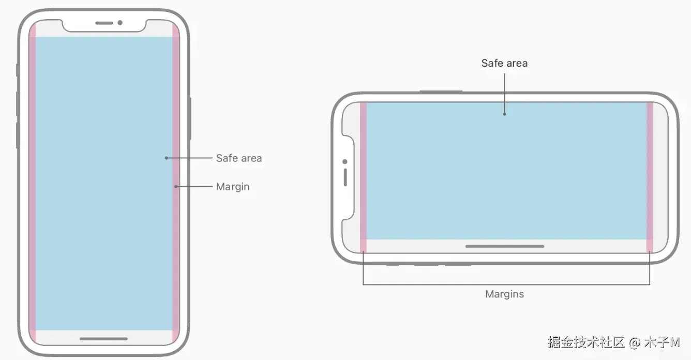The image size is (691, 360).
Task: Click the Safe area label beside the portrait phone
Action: click(x=239, y=158)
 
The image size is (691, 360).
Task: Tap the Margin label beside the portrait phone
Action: click(x=233, y=187)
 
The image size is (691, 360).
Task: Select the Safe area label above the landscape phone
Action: click(x=504, y=63)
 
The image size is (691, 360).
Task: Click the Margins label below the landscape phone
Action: click(x=504, y=294)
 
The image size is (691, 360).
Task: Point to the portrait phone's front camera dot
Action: click(x=120, y=23)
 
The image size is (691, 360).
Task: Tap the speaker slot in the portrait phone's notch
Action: click(x=104, y=23)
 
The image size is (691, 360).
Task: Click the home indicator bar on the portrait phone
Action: click(x=103, y=339)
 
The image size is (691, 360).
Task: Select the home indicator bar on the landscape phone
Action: click(x=505, y=246)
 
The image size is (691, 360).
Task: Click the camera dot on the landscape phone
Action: click(x=345, y=162)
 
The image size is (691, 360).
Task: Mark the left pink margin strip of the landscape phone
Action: click(x=363, y=171)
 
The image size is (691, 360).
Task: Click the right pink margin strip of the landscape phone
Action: click(x=650, y=171)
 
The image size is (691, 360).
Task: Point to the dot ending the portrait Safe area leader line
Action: click(x=166, y=158)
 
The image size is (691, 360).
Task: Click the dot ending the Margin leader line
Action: click(x=176, y=186)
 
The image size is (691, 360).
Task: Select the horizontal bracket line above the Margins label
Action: click(x=506, y=284)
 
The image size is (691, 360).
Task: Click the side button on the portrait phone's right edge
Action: click(x=190, y=118)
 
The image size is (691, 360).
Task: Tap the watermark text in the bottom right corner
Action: click(x=613, y=342)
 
